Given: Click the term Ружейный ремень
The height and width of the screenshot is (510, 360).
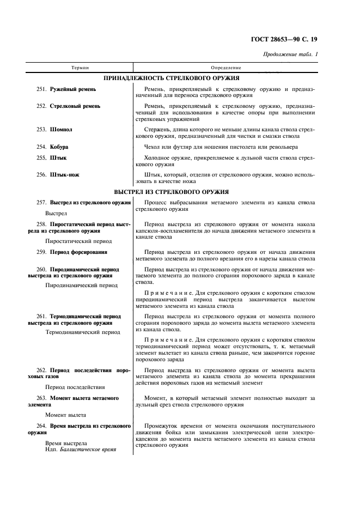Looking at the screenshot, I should (x=73, y=89).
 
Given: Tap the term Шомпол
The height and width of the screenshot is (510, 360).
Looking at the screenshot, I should (x=61, y=130).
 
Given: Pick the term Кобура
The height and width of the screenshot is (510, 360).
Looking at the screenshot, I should (x=59, y=147).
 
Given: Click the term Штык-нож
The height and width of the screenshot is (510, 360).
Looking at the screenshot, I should (x=64, y=174).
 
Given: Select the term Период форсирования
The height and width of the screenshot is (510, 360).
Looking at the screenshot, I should (x=78, y=252).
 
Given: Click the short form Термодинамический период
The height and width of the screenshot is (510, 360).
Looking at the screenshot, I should (x=83, y=331).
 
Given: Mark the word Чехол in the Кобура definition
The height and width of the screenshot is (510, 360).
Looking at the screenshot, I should (x=154, y=147).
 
